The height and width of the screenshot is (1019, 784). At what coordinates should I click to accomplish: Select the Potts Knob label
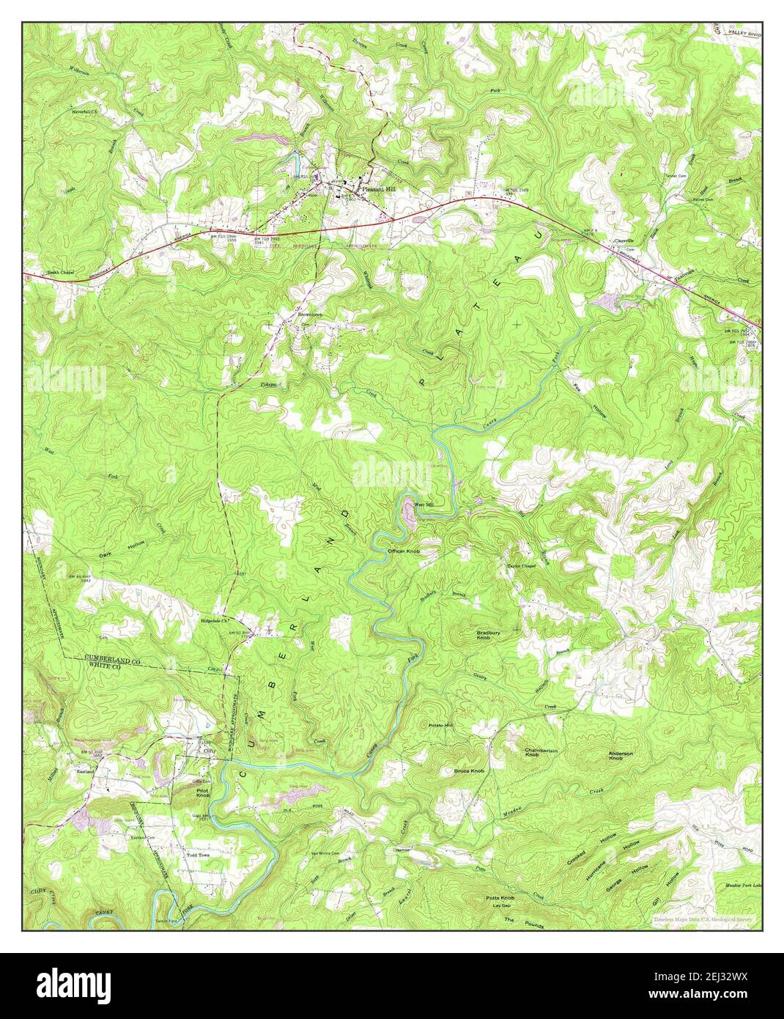[x=500, y=898]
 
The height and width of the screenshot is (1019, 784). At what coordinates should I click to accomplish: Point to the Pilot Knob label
[x=203, y=792]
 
